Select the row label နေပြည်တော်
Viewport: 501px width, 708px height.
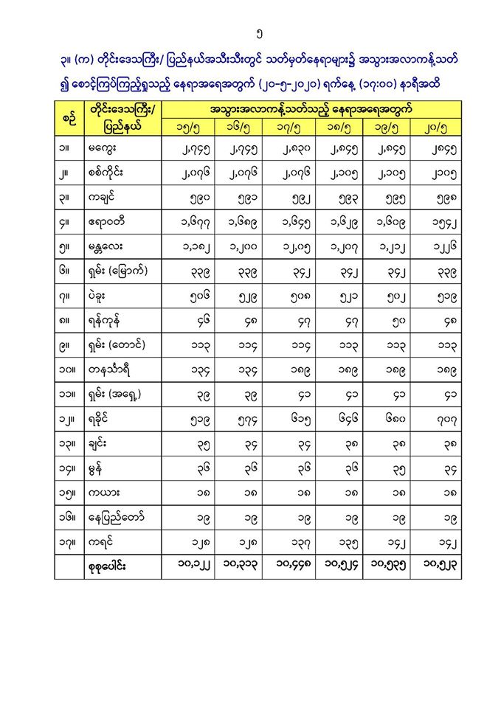(117, 516)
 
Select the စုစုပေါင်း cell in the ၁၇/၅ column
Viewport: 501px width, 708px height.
(286, 566)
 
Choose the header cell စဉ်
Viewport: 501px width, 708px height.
(67, 118)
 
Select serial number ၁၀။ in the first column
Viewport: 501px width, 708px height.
(67, 369)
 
